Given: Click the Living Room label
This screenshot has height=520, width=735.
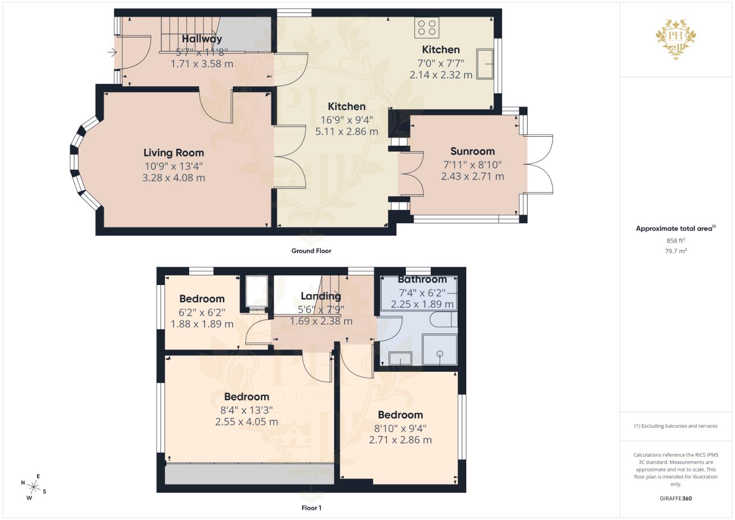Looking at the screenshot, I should pyautogui.click(x=173, y=153).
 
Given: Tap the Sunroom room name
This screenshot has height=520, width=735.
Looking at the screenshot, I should pyautogui.click(x=472, y=151).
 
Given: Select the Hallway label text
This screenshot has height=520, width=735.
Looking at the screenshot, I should pyautogui.click(x=202, y=39).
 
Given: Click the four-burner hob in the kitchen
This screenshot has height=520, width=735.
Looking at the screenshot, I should pyautogui.click(x=426, y=27).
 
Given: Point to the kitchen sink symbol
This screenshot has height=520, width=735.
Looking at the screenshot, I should pyautogui.click(x=485, y=64).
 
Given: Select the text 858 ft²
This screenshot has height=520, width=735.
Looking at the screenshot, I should pyautogui.click(x=676, y=241).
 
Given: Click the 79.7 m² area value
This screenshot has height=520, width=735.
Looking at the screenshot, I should pyautogui.click(x=676, y=251).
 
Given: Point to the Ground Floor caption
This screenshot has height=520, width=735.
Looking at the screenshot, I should pyautogui.click(x=311, y=251).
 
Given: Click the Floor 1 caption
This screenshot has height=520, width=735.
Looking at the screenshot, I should pyautogui.click(x=311, y=508).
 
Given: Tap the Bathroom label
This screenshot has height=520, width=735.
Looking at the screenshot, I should pyautogui.click(x=422, y=279).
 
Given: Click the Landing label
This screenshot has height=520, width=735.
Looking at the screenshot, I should pyautogui.click(x=321, y=296).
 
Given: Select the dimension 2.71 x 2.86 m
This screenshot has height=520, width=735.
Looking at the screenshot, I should pyautogui.click(x=400, y=440).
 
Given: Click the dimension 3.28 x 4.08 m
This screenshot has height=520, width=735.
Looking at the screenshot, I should pyautogui.click(x=173, y=178).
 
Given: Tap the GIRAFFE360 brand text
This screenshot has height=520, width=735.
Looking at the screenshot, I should pyautogui.click(x=675, y=498).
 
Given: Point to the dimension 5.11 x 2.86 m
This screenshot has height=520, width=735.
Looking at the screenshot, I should pyautogui.click(x=347, y=131).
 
